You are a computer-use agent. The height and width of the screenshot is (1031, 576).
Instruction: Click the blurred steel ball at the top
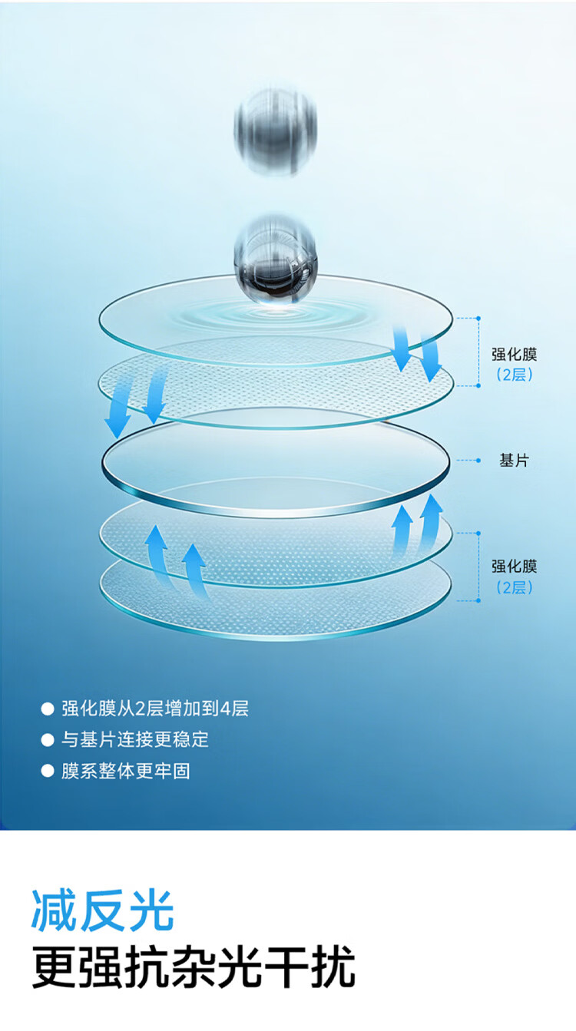pyautogui.click(x=276, y=131)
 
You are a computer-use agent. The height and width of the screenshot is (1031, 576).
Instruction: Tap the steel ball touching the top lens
pyautogui.click(x=276, y=260)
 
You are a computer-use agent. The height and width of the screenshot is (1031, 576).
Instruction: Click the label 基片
pyautogui.click(x=515, y=460)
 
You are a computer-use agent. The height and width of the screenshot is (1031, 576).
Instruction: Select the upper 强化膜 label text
pyautogui.click(x=515, y=355)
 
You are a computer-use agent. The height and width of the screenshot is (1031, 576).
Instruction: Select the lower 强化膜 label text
pyautogui.click(x=515, y=566)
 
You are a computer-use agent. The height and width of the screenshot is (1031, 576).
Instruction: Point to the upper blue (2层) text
pyautogui.click(x=515, y=375)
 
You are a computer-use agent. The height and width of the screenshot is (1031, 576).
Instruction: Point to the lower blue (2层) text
pyautogui.click(x=515, y=587)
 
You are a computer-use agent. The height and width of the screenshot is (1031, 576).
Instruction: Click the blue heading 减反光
pyautogui.click(x=103, y=910)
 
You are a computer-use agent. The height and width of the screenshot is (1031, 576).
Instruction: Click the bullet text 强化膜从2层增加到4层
pyautogui.click(x=155, y=709)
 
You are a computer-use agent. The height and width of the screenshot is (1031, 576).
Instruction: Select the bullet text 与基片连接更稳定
pyautogui.click(x=135, y=739)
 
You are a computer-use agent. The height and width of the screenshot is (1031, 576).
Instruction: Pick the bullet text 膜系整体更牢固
pyautogui.click(x=126, y=771)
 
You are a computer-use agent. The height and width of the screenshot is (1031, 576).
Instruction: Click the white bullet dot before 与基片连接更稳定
pyautogui.click(x=48, y=740)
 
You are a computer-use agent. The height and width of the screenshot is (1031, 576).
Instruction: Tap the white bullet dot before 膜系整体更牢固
pyautogui.click(x=48, y=772)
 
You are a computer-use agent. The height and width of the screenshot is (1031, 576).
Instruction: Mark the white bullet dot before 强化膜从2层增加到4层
pyautogui.click(x=48, y=709)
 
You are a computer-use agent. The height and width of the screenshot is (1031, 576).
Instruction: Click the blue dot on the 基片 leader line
pyautogui.click(x=478, y=461)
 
